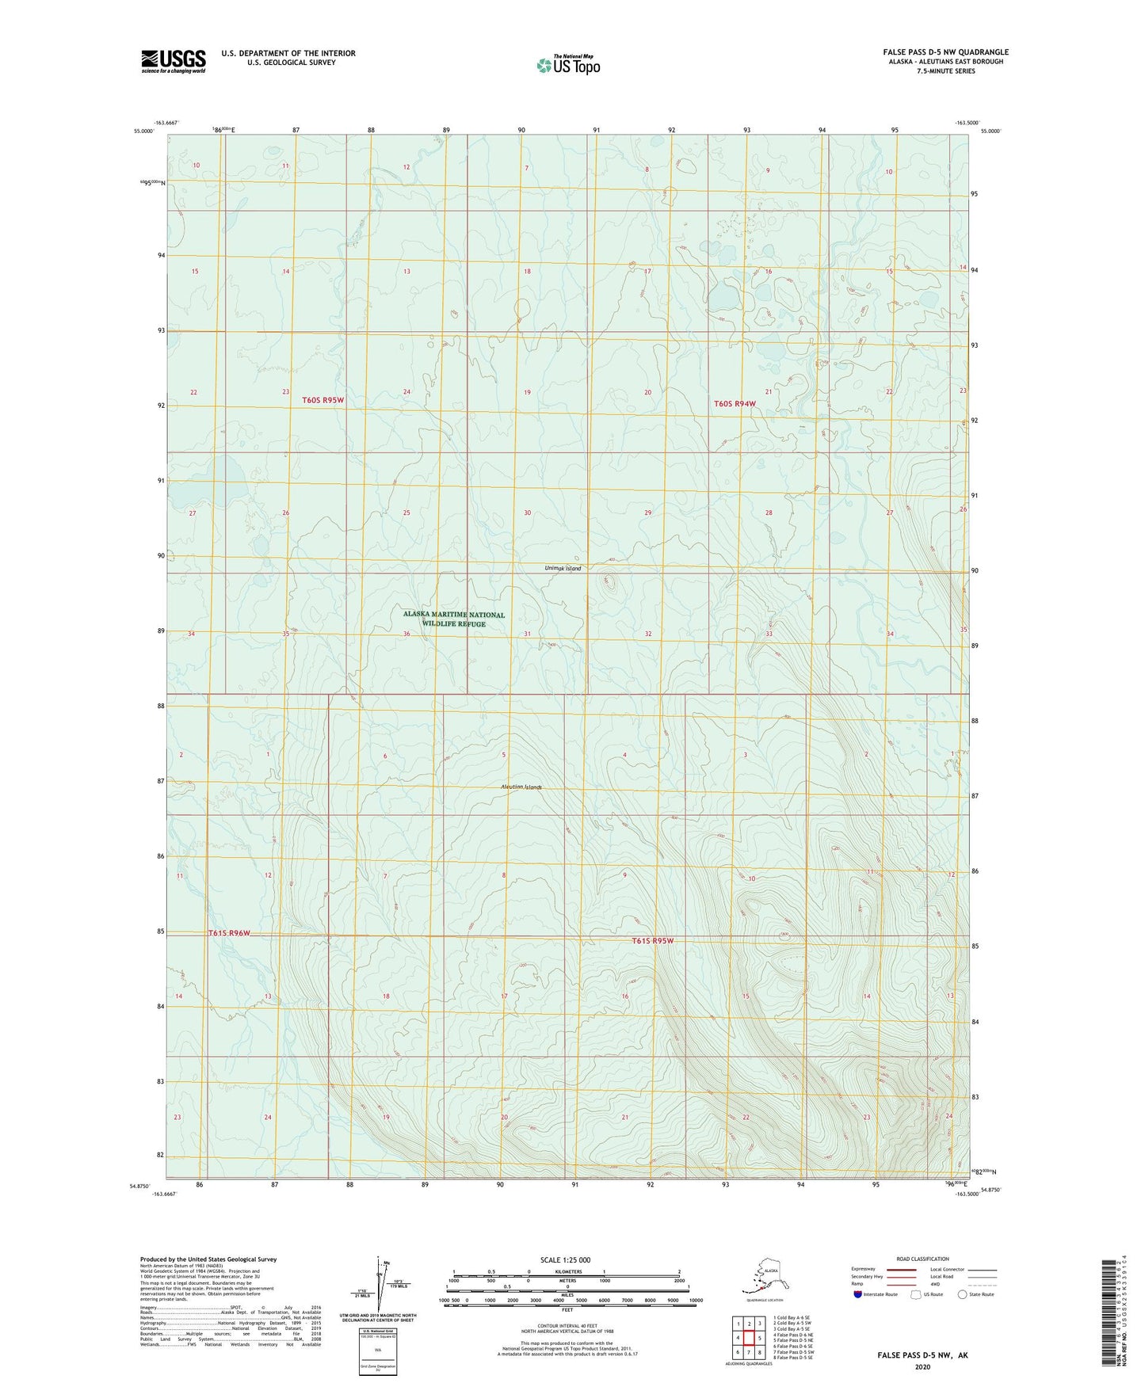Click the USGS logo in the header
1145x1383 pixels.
(173, 61)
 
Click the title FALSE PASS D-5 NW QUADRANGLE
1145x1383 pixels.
(945, 52)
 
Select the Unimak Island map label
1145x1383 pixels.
(563, 569)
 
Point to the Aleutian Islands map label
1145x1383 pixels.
(521, 787)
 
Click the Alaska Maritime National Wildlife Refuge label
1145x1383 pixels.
(453, 619)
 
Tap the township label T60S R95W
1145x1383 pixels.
(323, 400)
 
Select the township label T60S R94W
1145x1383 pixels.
(735, 404)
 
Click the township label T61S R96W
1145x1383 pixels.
(229, 933)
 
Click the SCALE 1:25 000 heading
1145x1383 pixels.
(565, 1260)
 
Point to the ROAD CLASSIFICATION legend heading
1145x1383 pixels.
(922, 1259)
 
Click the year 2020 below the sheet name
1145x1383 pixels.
(922, 1366)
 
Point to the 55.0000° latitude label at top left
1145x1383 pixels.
(143, 132)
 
